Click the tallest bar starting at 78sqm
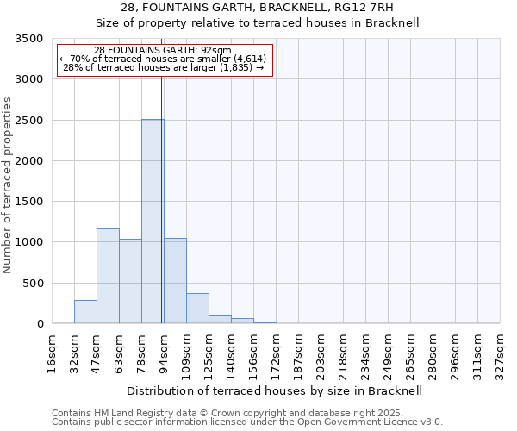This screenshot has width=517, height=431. coord(153,222)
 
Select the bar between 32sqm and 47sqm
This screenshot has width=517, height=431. coord(85,312)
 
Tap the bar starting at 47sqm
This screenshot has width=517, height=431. coord(108,276)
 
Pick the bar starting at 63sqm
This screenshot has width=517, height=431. coord(130,281)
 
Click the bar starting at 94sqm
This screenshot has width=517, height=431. coord(175,281)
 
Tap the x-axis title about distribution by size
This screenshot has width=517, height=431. coord(274,390)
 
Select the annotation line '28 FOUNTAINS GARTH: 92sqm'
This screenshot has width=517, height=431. coord(163,50)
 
